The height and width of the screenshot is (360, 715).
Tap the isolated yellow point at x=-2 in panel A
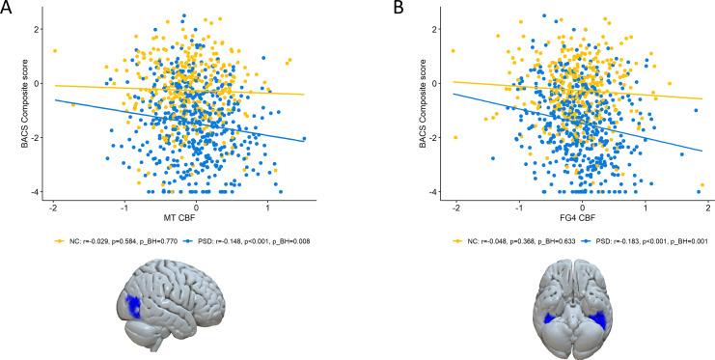point(55,50)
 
